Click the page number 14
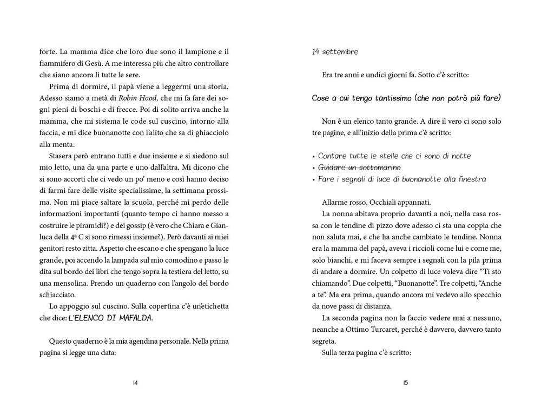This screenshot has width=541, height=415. tap(136, 383)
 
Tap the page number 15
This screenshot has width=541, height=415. tap(405, 383)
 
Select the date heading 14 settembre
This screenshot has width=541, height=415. tap(335, 52)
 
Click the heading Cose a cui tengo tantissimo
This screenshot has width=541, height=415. tap(406, 98)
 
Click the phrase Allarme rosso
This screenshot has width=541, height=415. tap(341, 202)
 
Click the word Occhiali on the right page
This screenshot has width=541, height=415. tap(381, 202)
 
